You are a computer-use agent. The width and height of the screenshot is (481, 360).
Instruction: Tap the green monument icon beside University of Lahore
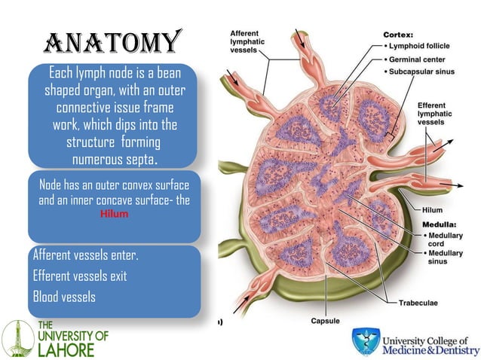18,339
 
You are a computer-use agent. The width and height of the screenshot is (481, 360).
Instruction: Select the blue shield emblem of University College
366,341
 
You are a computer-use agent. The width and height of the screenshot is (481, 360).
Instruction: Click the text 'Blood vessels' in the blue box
65,297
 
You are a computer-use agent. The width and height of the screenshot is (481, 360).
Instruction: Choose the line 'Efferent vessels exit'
80,276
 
